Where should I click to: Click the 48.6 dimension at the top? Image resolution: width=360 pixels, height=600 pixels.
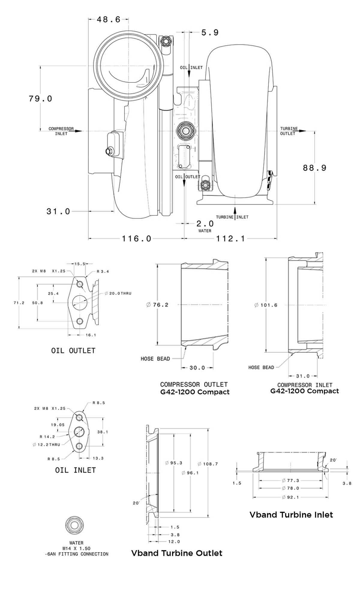pyautogui.click(x=108, y=19)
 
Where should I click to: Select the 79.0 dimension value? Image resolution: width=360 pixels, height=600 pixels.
pyautogui.click(x=40, y=99)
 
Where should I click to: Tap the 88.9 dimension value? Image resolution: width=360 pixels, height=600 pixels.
pyautogui.click(x=314, y=168)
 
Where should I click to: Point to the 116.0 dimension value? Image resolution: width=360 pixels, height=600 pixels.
pyautogui.click(x=136, y=238)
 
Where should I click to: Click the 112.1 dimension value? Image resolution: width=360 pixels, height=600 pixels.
pyautogui.click(x=230, y=238)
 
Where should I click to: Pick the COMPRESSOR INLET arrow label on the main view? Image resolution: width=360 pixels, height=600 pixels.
pyautogui.click(x=61, y=131)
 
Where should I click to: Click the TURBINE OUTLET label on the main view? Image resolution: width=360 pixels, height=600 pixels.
pyautogui.click(x=289, y=131)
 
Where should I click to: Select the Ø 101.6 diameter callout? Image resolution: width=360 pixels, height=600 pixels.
pyautogui.click(x=266, y=305)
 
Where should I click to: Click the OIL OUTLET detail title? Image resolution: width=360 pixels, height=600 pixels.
pyautogui.click(x=73, y=351)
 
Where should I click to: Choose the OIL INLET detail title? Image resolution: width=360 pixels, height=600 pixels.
pyautogui.click(x=75, y=470)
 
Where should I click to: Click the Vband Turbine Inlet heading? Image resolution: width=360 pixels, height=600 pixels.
pyautogui.click(x=291, y=515)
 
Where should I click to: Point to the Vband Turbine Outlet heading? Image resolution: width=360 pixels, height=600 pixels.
pyautogui.click(x=177, y=553)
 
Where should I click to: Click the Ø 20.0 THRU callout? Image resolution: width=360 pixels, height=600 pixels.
pyautogui.click(x=118, y=293)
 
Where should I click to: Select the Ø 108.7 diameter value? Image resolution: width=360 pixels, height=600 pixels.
pyautogui.click(x=208, y=464)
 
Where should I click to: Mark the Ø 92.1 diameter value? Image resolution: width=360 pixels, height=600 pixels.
pyautogui.click(x=290, y=497)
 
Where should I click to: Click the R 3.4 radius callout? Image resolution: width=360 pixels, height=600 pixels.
pyautogui.click(x=103, y=271)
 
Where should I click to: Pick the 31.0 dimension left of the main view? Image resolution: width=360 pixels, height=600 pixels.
pyautogui.click(x=58, y=211)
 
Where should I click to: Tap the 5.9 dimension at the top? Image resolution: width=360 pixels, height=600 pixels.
pyautogui.click(x=210, y=32)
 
